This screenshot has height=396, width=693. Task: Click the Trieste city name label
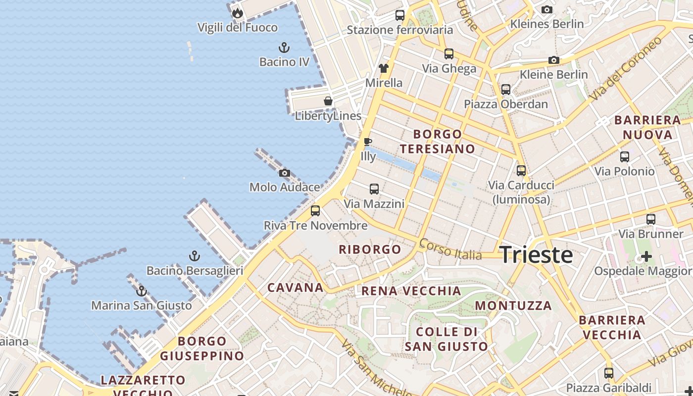(536, 254)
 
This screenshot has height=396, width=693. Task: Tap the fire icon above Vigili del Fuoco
(238, 13)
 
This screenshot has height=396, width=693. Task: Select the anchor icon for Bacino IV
(284, 48)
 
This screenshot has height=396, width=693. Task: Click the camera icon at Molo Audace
(285, 173)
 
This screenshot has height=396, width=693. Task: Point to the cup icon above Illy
(367, 142)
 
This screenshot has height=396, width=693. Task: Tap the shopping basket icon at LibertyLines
(328, 101)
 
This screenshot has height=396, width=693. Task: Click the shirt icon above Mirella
(384, 68)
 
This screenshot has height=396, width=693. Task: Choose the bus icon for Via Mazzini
(374, 189)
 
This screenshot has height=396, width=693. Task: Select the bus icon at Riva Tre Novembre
(315, 211)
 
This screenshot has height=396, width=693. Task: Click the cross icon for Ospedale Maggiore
(646, 256)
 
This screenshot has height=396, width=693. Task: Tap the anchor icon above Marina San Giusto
(142, 291)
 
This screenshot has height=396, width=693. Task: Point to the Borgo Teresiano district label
(437, 141)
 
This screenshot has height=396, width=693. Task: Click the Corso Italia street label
(450, 249)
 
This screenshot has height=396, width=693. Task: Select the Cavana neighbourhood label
(296, 288)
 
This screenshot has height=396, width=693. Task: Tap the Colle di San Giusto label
(446, 339)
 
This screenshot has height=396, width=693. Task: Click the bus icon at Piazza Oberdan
(505, 90)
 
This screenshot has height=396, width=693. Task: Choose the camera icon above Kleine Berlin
(553, 60)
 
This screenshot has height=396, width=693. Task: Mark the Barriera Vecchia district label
(612, 327)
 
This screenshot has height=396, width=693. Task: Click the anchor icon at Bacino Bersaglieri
(195, 256)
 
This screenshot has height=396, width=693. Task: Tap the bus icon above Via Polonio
(625, 157)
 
